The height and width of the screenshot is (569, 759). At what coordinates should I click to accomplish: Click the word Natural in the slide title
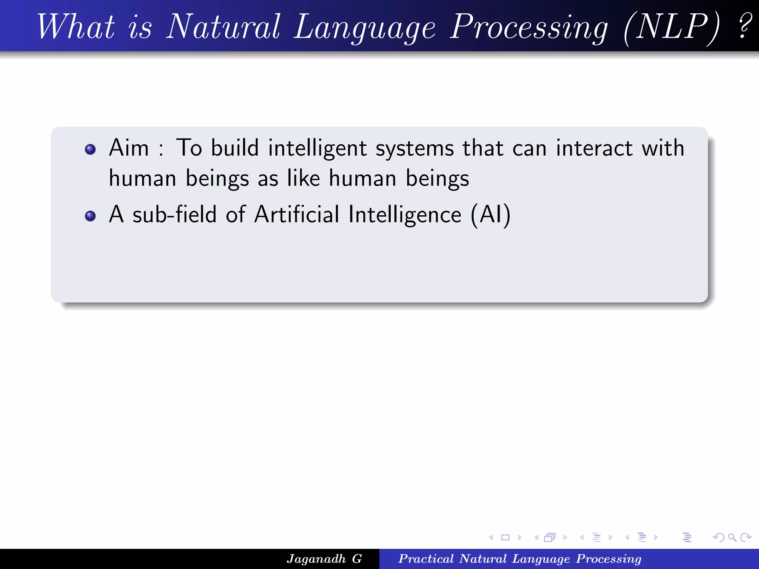point(223,27)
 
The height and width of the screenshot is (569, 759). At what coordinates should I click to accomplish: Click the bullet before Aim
point(90,149)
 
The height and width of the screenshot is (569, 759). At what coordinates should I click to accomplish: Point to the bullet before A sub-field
point(90,216)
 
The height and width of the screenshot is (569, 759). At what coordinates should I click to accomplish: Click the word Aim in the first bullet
point(129,148)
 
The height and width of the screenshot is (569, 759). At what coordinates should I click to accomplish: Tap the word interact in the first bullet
point(594,148)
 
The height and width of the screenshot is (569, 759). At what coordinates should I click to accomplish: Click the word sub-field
point(174,214)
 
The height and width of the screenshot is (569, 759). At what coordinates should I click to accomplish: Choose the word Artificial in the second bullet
point(296,214)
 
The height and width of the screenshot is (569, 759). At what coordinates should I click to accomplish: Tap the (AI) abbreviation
point(491,215)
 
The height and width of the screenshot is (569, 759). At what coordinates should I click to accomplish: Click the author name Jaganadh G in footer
point(324,559)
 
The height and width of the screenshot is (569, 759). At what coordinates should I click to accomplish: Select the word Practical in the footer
point(425,559)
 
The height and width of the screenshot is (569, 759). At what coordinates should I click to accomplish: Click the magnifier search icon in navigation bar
point(732,537)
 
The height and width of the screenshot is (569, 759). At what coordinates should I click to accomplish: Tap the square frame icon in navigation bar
point(505,537)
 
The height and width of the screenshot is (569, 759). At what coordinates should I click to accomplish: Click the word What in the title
point(76,27)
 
